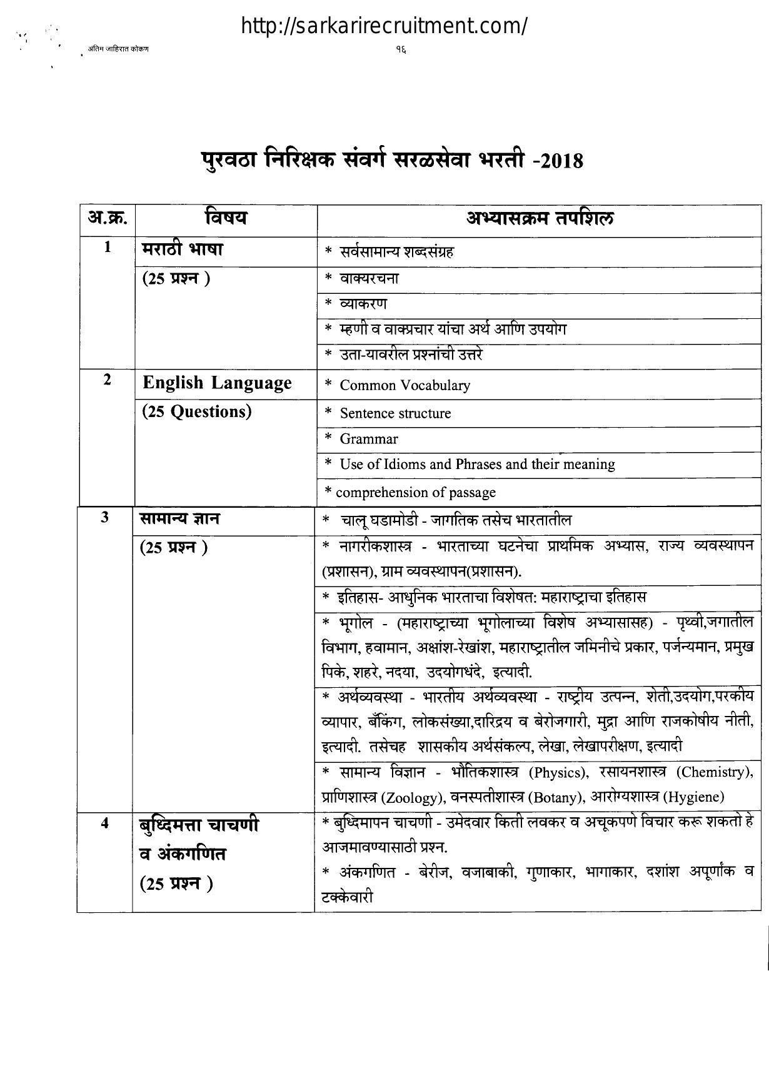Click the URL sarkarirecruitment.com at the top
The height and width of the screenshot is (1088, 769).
click(x=384, y=26)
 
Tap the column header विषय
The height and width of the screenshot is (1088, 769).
click(x=226, y=218)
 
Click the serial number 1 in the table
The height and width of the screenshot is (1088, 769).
click(x=108, y=248)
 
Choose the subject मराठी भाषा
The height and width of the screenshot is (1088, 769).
click(x=183, y=249)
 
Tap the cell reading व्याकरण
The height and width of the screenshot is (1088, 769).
click(x=363, y=304)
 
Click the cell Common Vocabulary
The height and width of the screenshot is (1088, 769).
click(x=405, y=385)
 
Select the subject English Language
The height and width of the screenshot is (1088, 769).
click(x=217, y=383)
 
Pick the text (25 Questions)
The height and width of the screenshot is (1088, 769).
click(x=197, y=411)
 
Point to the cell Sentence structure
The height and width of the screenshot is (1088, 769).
click(x=395, y=413)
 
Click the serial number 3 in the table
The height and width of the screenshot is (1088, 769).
click(x=105, y=518)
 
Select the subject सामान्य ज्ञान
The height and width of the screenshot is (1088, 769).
click(x=179, y=519)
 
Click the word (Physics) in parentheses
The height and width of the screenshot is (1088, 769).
click(x=558, y=773)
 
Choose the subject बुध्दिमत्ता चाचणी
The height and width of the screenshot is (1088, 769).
click(x=199, y=825)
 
